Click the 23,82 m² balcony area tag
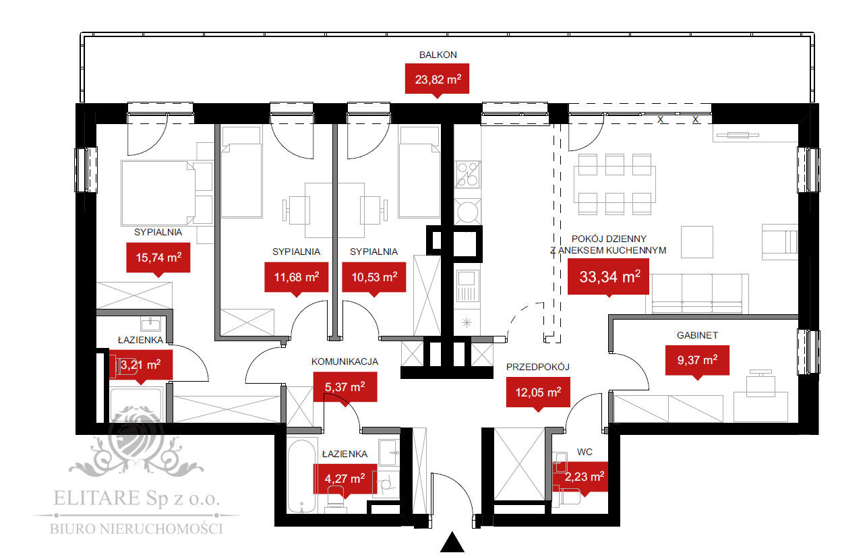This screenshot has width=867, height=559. [x=438, y=78]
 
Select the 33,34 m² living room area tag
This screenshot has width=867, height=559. [x=608, y=276]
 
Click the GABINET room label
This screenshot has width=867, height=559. [x=697, y=335]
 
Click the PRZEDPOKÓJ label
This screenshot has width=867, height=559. [x=538, y=367]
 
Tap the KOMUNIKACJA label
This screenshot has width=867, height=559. [x=345, y=361]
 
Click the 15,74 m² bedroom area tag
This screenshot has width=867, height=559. [x=158, y=257]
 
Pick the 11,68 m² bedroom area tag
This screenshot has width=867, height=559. [x=297, y=276]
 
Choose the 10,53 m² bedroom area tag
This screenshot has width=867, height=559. [x=373, y=276]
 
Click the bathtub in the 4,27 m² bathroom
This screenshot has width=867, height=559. [x=301, y=476]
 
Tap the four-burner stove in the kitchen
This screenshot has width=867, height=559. [x=468, y=175]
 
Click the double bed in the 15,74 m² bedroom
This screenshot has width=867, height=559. [x=160, y=192]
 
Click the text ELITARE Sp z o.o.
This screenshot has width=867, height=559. [x=136, y=500]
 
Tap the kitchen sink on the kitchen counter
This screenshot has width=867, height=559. [x=467, y=286]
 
